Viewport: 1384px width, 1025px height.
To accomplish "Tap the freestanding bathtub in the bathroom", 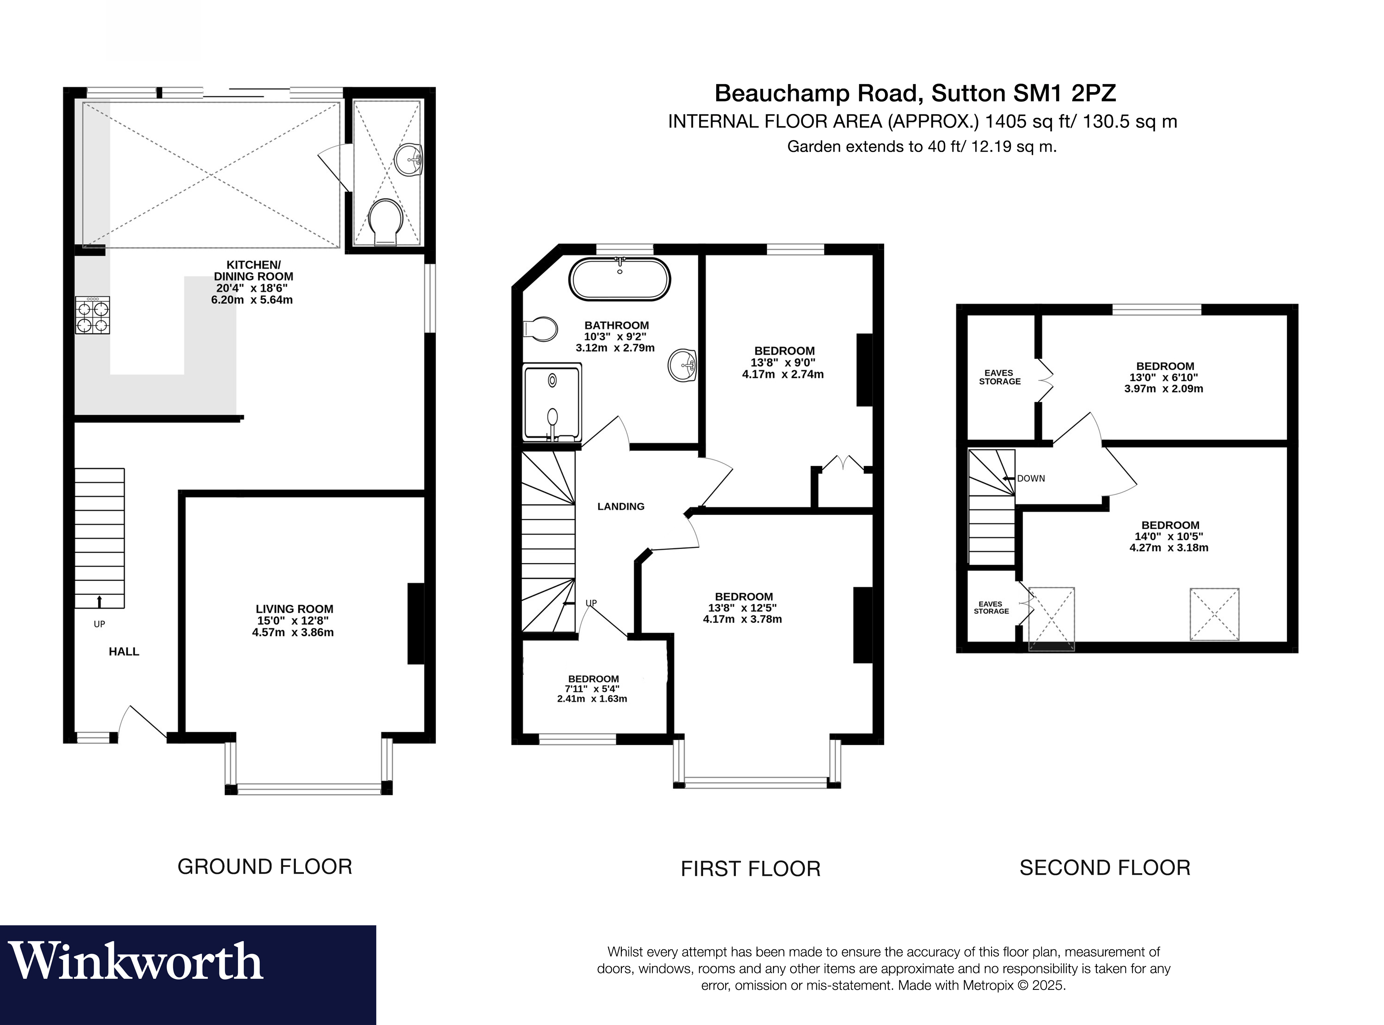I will tap(620, 279).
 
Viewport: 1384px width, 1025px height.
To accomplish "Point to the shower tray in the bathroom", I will tap(552, 403).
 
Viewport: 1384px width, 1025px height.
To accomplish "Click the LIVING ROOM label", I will tap(294, 609).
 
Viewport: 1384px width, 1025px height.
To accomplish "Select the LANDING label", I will tap(620, 506).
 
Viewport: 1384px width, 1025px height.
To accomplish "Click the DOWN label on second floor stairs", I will tap(1031, 478).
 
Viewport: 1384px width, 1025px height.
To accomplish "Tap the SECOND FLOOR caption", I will tap(1105, 867).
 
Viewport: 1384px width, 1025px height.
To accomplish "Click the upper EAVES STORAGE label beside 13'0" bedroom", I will tap(999, 377).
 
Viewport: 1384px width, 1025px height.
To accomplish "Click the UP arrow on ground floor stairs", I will tap(99, 601).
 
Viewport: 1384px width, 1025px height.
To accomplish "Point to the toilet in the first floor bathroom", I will tap(540, 328).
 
